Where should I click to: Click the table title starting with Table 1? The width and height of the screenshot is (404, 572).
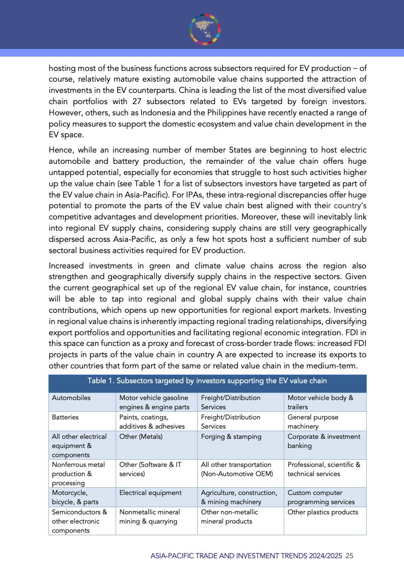click(x=207, y=381)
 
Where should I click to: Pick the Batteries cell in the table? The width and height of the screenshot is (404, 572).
click(x=65, y=417)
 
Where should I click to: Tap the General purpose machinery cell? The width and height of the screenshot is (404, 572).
click(x=312, y=421)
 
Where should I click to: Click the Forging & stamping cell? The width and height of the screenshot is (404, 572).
click(x=231, y=436)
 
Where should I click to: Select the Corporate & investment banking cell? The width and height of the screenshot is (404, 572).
click(x=324, y=441)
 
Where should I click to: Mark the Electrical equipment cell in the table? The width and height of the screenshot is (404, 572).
click(x=150, y=493)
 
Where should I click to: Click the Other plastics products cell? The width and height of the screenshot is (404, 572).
click(x=323, y=512)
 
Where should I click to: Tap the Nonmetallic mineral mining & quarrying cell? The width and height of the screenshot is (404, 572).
click(x=148, y=517)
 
